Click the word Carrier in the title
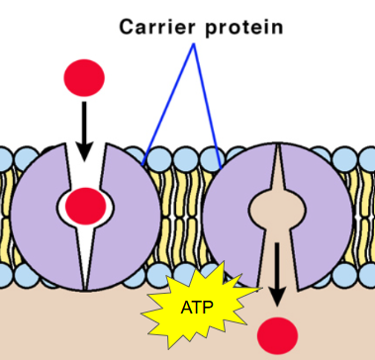pyautogui.click(x=157, y=27)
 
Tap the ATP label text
pyautogui.click(x=197, y=308)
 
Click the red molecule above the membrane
pyautogui.click(x=84, y=78)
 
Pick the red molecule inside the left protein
pyautogui.click(x=86, y=206)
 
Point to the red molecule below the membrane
pyautogui.click(x=277, y=335)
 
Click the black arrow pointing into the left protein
pyautogui.click(x=84, y=132)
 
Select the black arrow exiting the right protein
pyautogui.click(x=277, y=274)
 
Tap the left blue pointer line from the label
pyautogui.click(x=168, y=104)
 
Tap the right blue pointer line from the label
pyautogui.click(x=207, y=106)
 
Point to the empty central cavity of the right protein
pyautogui.click(x=277, y=210)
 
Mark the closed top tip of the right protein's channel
pyautogui.click(x=278, y=144)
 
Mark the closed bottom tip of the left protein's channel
pyautogui.click(x=86, y=289)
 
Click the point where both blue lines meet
pyautogui.click(x=194, y=45)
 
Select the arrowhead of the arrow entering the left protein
pyautogui.click(x=84, y=151)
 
